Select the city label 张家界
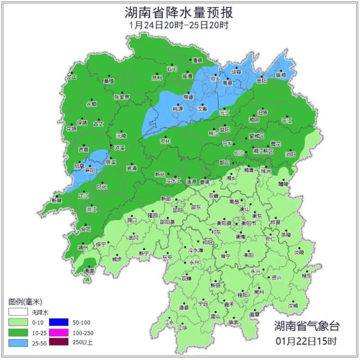coord(121,97)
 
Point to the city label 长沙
coord(238,153)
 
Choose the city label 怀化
coord(102,187)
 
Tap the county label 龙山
coord(72,77)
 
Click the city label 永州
coord(194,262)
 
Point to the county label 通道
coord(89,271)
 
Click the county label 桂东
coord(307,276)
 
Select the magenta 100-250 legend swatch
coord(57,332)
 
